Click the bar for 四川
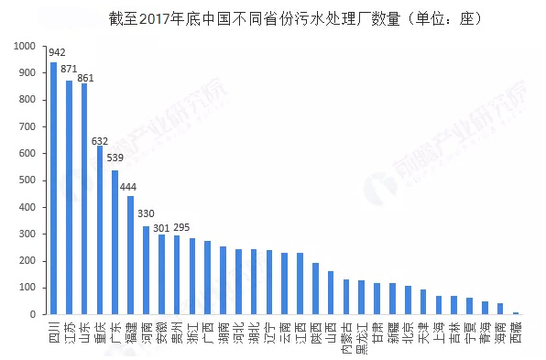tap(53, 188)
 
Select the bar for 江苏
tap(69, 197)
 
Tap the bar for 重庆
tap(100, 229)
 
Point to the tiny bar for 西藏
tap(516, 312)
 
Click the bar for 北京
tap(408, 300)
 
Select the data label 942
tap(57, 52)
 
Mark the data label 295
tap(181, 227)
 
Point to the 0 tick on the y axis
tap(33, 314)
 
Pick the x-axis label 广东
tap(115, 327)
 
